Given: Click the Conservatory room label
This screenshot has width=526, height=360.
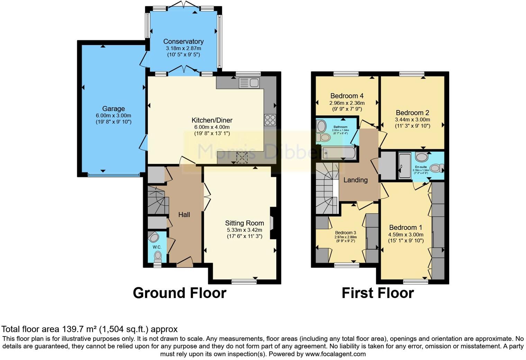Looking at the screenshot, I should (183, 42).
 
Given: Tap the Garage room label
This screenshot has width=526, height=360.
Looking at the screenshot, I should (113, 109).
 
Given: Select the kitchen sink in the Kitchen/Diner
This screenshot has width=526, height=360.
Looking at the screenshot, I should (249, 83).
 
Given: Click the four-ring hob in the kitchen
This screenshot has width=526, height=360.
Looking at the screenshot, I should (270, 120).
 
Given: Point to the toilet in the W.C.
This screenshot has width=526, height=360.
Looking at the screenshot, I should (158, 256).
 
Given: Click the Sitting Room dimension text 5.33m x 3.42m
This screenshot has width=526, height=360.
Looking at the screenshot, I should (244, 230).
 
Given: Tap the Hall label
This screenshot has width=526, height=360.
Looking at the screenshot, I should (184, 215).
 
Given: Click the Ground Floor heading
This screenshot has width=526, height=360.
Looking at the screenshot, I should (179, 293).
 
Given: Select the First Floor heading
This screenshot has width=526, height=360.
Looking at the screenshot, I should (378, 293).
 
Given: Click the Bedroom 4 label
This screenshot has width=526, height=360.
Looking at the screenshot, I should (347, 96).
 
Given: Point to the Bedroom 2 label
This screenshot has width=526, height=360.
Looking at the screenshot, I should (412, 112).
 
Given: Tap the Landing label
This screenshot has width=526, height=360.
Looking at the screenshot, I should (355, 180).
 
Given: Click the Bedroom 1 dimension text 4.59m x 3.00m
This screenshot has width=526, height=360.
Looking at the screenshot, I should (406, 234).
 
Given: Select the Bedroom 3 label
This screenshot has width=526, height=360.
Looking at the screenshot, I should (345, 233).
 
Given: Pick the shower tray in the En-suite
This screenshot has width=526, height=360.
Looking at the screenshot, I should (404, 165).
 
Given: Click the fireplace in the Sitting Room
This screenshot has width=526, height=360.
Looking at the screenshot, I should (273, 223).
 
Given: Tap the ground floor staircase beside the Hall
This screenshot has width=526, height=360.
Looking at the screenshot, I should (157, 200).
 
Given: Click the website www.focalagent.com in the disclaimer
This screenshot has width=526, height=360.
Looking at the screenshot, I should (335, 354).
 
